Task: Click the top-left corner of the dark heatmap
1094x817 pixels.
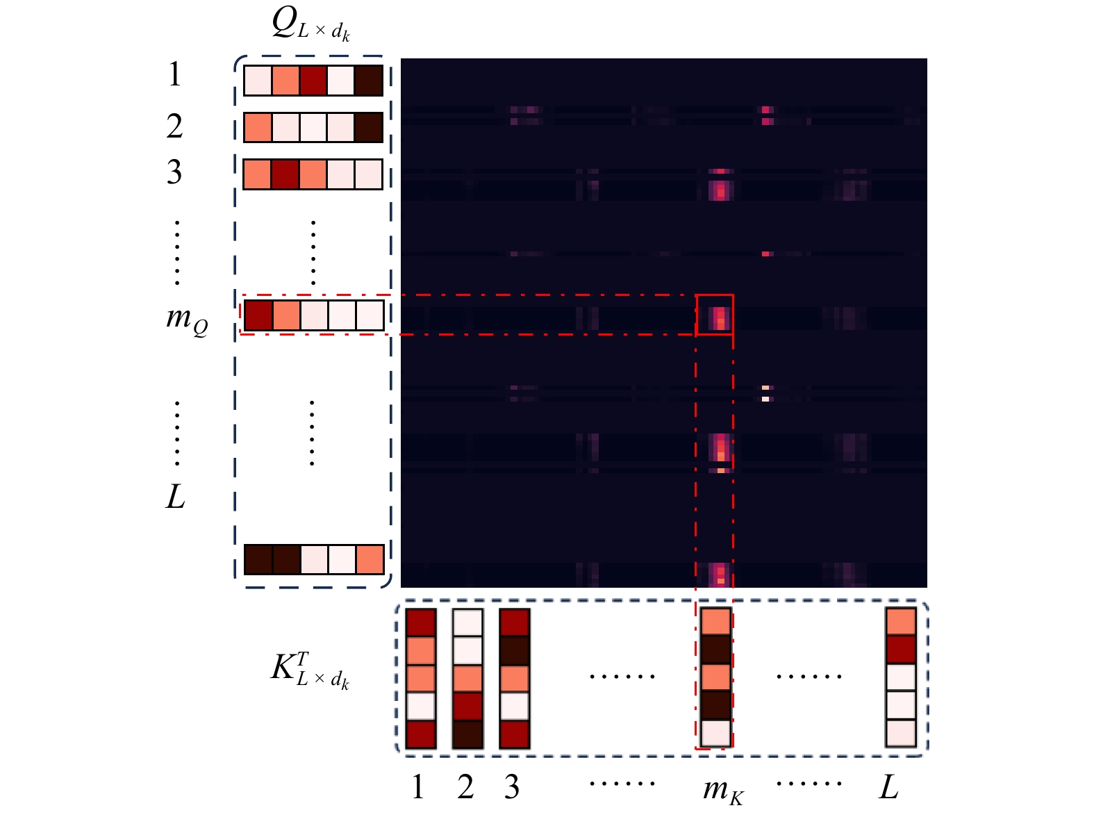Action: point(401,59)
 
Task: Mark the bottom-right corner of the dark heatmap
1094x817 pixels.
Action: point(927,587)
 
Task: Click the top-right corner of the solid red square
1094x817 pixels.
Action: point(734,295)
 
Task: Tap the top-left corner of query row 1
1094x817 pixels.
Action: point(244,65)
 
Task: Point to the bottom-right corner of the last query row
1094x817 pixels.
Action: point(384,575)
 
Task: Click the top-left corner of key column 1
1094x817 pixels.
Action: point(406,609)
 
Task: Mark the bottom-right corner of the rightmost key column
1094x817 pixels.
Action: point(917,748)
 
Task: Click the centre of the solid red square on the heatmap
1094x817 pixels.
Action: point(714,315)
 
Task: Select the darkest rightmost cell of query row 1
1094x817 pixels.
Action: point(369,81)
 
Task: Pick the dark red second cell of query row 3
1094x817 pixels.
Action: point(285,174)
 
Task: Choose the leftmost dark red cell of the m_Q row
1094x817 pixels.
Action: point(258,315)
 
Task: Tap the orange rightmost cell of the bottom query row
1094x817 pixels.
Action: point(370,559)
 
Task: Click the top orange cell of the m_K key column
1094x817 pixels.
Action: point(715,622)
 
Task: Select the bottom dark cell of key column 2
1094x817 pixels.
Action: point(467,734)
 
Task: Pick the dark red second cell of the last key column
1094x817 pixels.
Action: point(901,650)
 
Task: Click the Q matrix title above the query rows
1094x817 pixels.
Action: point(311,26)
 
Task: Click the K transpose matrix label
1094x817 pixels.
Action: point(310,670)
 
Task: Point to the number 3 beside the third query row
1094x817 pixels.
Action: point(174,172)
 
